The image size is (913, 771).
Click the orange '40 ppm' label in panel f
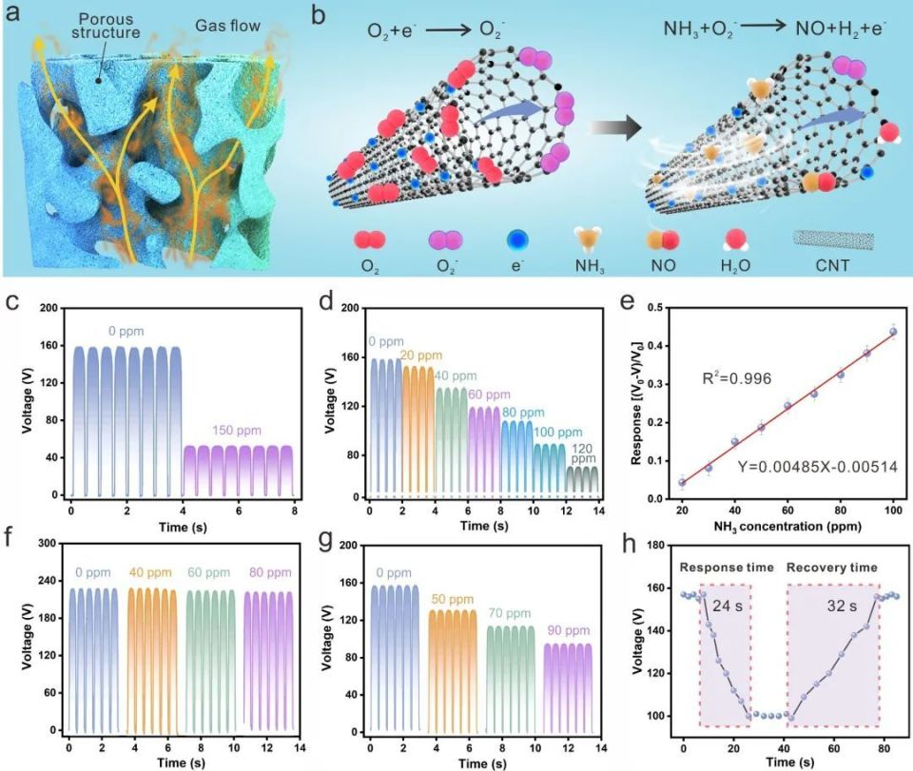coord(151,573)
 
